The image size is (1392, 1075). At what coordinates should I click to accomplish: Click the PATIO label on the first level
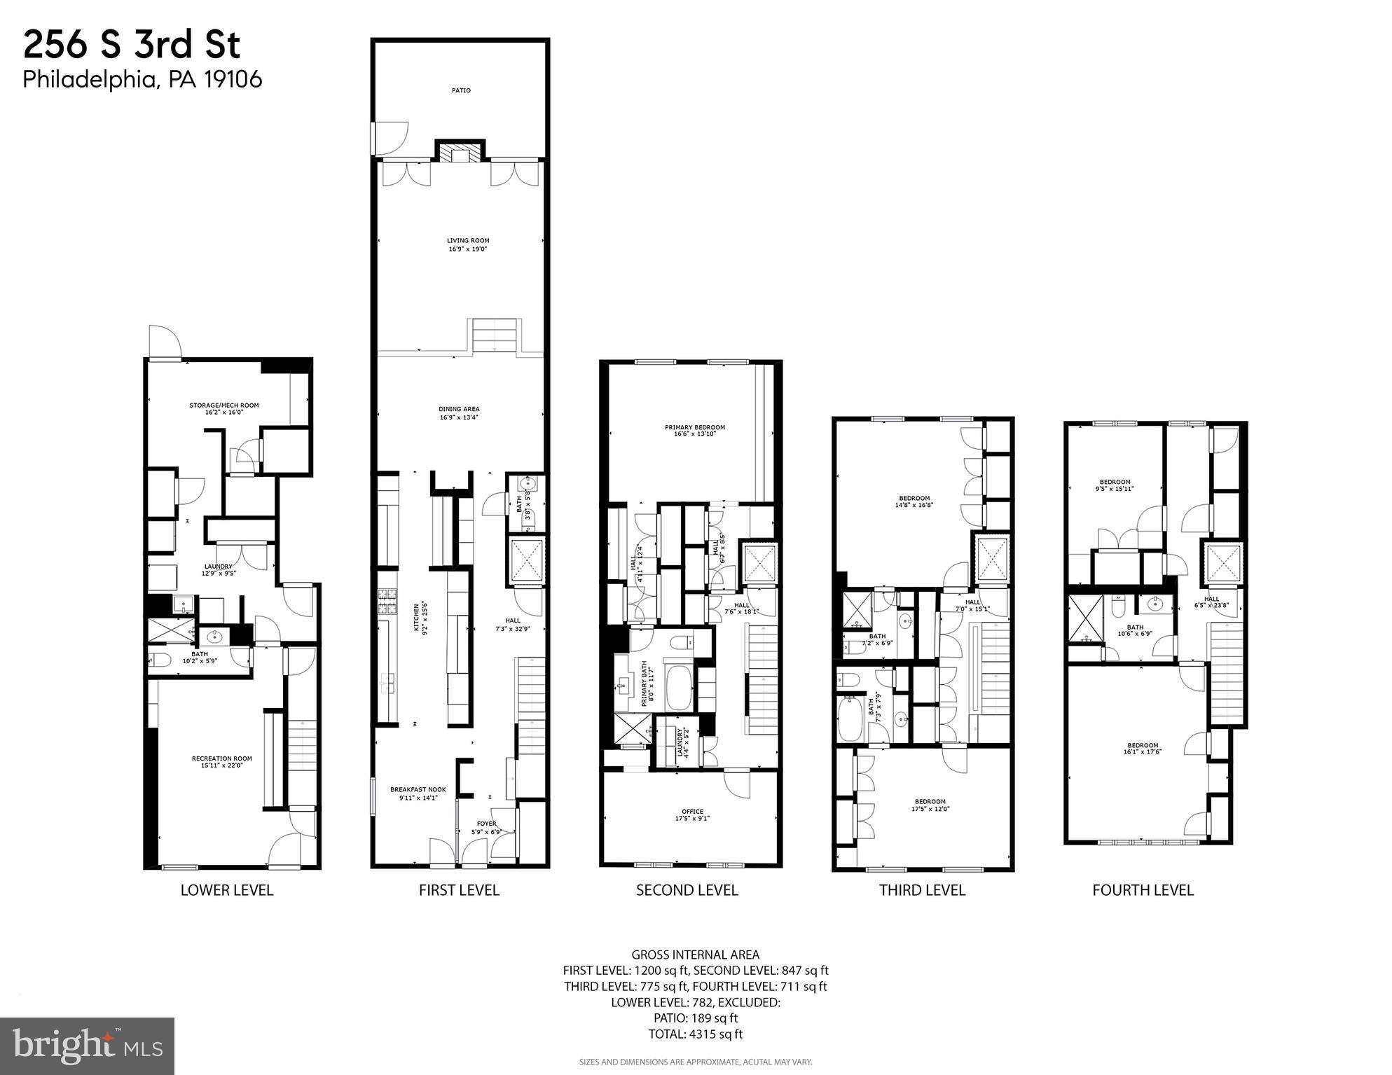click(x=460, y=90)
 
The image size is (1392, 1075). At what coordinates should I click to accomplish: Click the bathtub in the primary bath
click(x=677, y=687)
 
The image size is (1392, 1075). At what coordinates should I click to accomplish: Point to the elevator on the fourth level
click(x=1223, y=563)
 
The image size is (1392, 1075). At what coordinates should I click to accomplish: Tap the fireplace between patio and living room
click(x=460, y=153)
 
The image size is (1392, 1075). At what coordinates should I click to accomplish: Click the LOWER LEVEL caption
click(x=226, y=890)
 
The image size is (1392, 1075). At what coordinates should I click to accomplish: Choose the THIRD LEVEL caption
click(x=922, y=890)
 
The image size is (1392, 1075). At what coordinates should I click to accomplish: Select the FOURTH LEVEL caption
click(x=1143, y=890)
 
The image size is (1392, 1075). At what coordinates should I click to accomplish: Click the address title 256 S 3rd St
click(x=132, y=46)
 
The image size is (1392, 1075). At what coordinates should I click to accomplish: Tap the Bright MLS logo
click(x=87, y=1046)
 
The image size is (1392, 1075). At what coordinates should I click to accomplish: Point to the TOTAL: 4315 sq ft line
click(x=695, y=1034)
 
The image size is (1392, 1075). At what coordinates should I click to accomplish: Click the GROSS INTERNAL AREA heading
click(x=695, y=955)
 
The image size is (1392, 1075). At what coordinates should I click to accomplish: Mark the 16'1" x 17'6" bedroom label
click(x=1143, y=749)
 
